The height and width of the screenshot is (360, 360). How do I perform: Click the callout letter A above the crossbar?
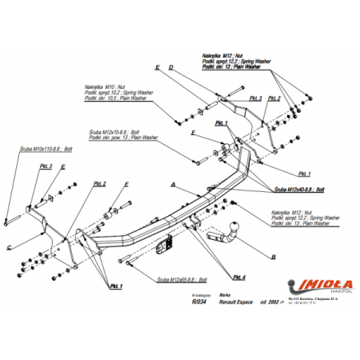point(172,185)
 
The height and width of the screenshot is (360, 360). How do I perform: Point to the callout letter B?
point(274,257)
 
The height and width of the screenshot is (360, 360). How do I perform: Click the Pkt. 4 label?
point(239,277)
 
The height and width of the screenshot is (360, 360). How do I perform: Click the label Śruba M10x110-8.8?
point(46,150)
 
